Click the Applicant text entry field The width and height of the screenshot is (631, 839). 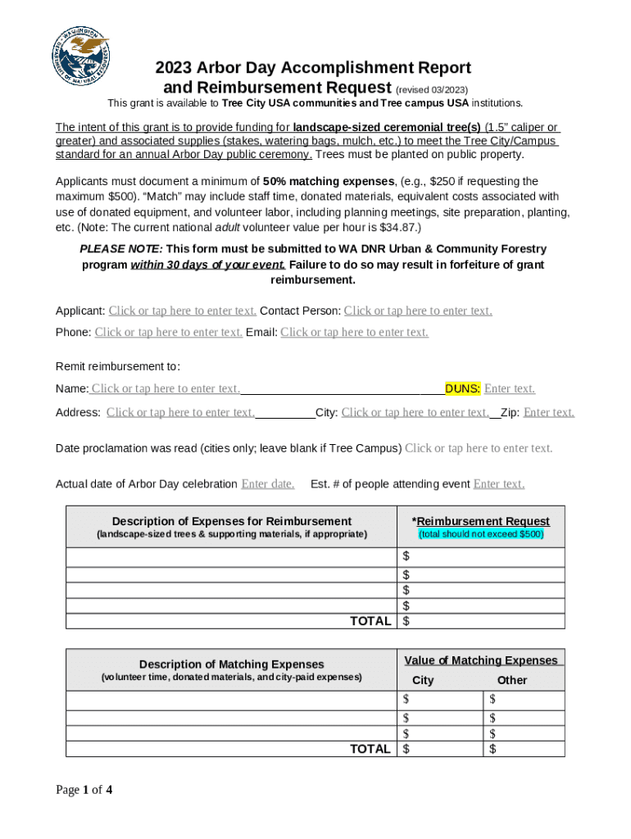[x=182, y=311]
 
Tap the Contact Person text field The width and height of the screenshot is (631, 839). [x=417, y=311]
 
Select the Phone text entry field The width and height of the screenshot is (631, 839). [x=168, y=332]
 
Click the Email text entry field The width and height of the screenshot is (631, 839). [x=354, y=332]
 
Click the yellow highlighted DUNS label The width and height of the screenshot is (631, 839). [x=463, y=388]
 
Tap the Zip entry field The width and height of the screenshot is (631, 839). [x=548, y=412]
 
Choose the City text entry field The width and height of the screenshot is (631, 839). [x=415, y=412]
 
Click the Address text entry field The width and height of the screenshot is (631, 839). [x=180, y=412]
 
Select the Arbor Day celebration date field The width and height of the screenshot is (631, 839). [x=267, y=484]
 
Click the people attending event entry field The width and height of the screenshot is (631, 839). [x=498, y=484]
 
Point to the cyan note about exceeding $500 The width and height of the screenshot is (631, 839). [x=481, y=534]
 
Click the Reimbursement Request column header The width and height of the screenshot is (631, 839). [x=481, y=521]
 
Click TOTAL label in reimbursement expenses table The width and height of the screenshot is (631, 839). [x=370, y=621]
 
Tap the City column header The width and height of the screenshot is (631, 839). [x=423, y=680]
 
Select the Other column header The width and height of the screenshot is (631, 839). [x=512, y=680]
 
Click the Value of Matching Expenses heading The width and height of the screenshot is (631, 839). [x=481, y=660]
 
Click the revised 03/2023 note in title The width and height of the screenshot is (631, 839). [x=432, y=89]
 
